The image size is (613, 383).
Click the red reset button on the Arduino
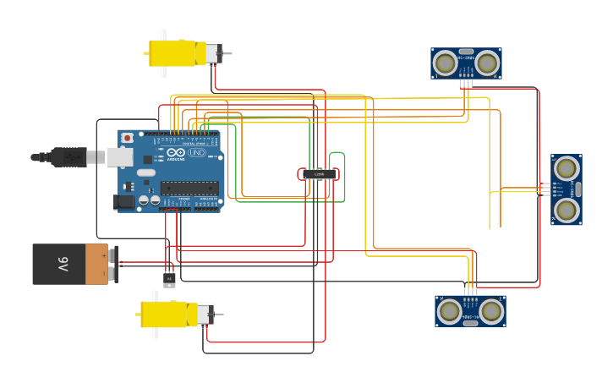pyautogui.click(x=127, y=138)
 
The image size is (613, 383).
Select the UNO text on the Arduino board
pyautogui.click(x=196, y=153)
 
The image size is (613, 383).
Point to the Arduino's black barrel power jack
pyautogui.click(x=124, y=202)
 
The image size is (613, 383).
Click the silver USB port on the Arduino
pyautogui.click(x=119, y=156)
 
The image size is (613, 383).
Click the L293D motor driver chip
pyautogui.click(x=319, y=174)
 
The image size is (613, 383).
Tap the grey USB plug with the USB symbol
pyautogui.click(x=68, y=156)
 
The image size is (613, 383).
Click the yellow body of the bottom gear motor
pyautogui.click(x=166, y=315)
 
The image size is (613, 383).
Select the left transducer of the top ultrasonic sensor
pyautogui.click(x=445, y=63)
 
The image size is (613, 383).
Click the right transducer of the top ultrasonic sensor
pyautogui.click(x=486, y=63)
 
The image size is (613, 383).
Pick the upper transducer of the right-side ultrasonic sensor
pyautogui.click(x=566, y=169)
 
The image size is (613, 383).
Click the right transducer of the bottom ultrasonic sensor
pyautogui.click(x=491, y=311)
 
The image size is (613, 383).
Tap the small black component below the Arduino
pyautogui.click(x=169, y=280)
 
